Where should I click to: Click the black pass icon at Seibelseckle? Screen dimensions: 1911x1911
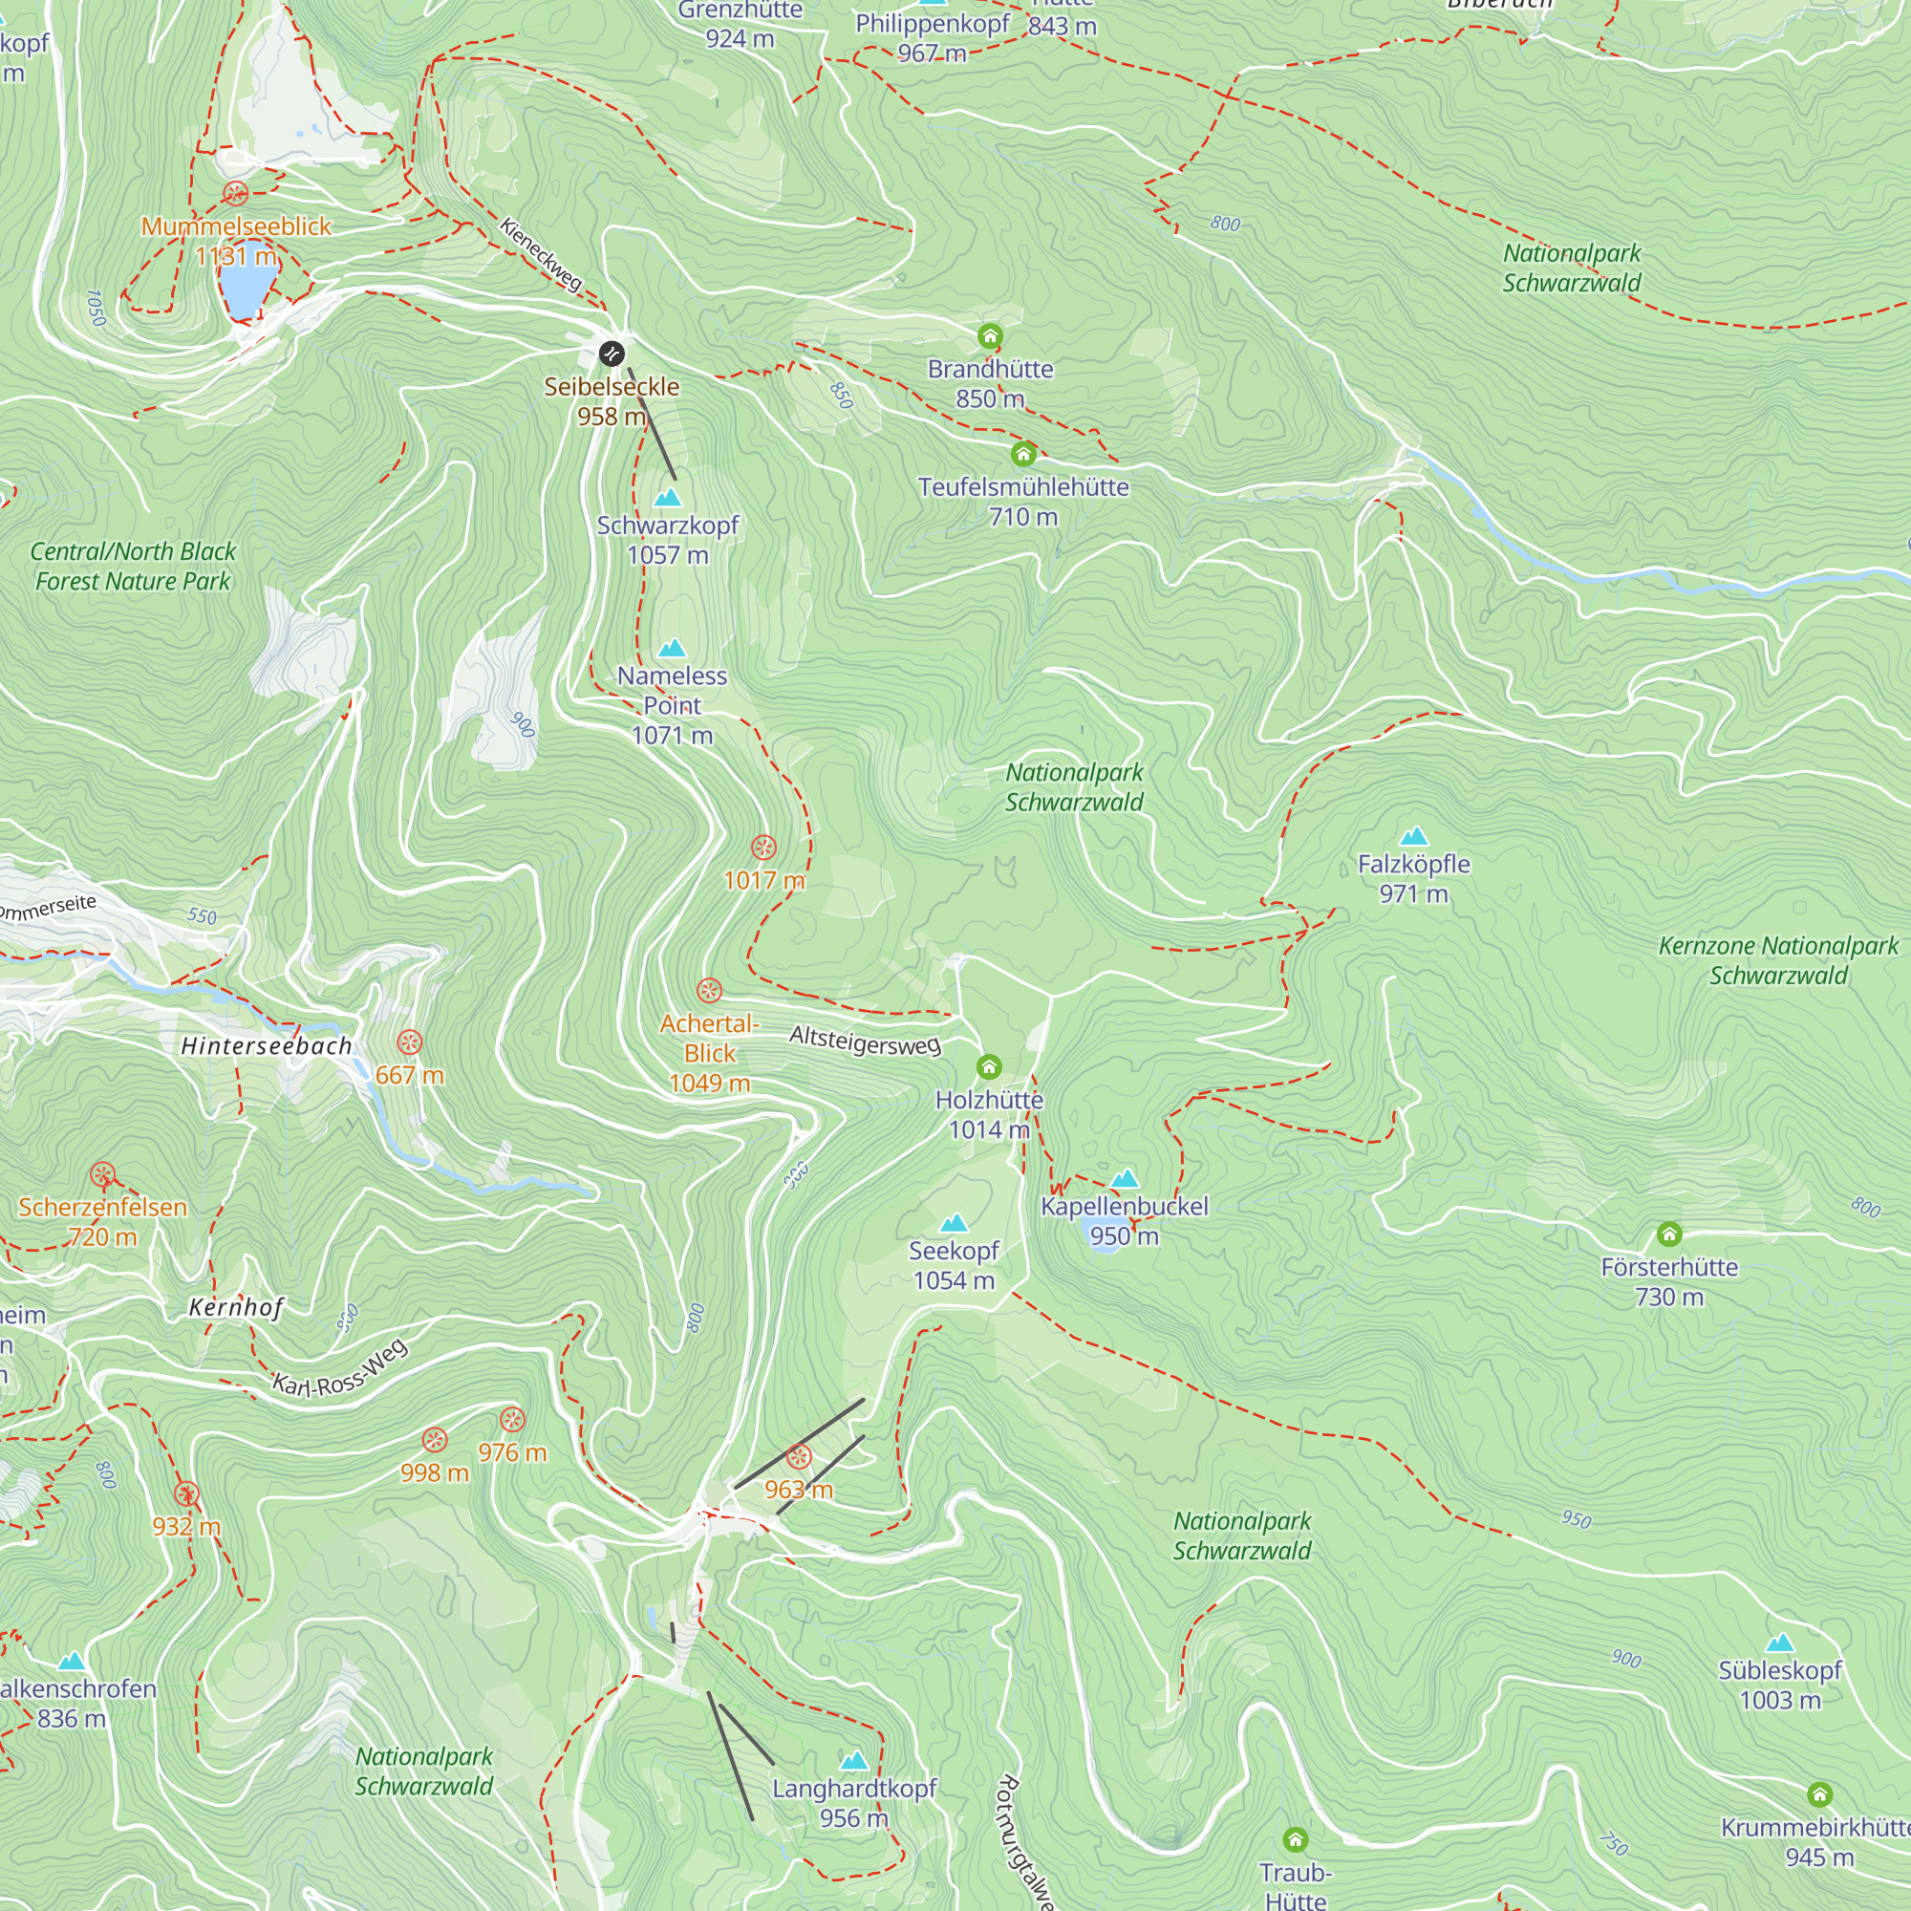(x=612, y=354)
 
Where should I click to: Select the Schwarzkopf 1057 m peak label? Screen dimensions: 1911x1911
(x=668, y=539)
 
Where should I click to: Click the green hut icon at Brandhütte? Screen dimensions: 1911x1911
(x=990, y=336)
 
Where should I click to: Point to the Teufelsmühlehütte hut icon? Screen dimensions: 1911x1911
(x=1023, y=454)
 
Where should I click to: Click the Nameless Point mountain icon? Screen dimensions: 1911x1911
(x=673, y=649)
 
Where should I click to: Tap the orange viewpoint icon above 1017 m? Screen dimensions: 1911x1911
(x=762, y=848)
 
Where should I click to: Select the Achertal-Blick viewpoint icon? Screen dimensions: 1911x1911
(x=709, y=990)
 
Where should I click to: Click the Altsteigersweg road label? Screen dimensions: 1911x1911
(x=865, y=1041)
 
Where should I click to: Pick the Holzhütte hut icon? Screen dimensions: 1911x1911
(x=989, y=1066)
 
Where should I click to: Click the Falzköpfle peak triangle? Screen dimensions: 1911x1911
(x=1414, y=836)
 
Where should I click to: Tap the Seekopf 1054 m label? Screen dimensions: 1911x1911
(x=954, y=1265)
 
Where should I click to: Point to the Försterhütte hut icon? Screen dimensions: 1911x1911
(x=1669, y=1234)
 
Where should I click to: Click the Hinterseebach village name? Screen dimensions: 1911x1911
(x=266, y=1046)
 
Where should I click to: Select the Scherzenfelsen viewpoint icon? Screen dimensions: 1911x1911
(x=103, y=1175)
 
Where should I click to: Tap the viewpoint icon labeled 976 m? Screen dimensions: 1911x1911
(x=512, y=1421)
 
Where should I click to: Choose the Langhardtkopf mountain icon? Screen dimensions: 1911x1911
(x=853, y=1761)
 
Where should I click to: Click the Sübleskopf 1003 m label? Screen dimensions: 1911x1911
(x=1779, y=1685)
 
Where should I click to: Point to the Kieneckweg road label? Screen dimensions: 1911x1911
(x=540, y=254)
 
